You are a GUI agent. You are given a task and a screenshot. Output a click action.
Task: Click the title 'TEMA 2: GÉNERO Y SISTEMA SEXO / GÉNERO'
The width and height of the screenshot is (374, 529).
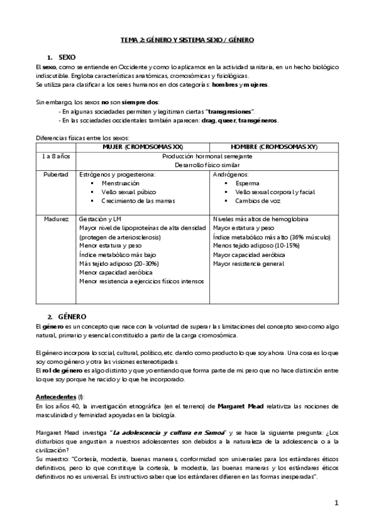click(187, 39)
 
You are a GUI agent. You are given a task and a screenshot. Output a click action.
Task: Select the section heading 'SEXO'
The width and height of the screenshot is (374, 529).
click(67, 57)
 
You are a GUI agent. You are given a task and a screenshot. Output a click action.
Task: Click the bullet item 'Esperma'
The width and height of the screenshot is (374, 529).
click(247, 183)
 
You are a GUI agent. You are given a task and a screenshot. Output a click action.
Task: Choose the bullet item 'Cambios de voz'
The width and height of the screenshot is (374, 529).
click(257, 201)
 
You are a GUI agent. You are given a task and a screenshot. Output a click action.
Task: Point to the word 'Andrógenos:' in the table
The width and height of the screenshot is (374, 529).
click(230, 175)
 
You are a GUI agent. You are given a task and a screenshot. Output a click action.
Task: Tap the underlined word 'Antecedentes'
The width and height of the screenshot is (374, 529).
click(54, 396)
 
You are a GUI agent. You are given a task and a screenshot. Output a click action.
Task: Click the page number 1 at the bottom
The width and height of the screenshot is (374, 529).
click(336, 502)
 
